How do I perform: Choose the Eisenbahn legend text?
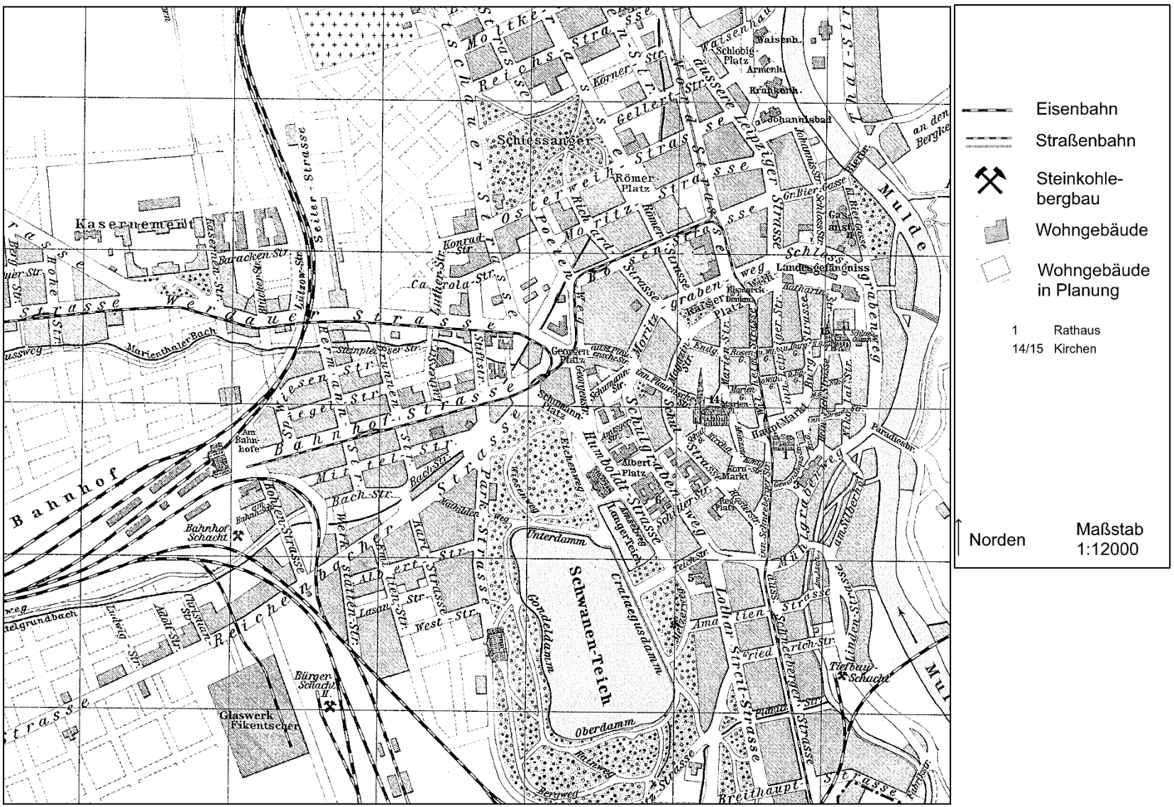point(1076,109)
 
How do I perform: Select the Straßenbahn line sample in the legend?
point(987,141)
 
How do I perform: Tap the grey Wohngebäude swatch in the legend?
point(995,231)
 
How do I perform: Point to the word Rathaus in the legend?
point(1077,330)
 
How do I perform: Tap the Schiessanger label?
point(545,141)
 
